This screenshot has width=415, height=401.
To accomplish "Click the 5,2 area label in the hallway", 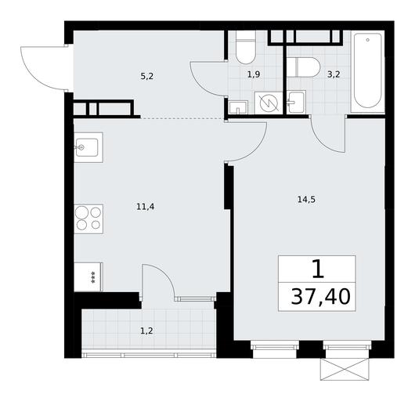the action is point(147,77).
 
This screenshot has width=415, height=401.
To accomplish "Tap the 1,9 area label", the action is point(254,74).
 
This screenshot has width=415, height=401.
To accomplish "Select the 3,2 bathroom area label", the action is point(334,74).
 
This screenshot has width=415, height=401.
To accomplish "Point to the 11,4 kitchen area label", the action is point(146,207).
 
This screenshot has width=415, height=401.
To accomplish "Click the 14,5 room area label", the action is point(306,200).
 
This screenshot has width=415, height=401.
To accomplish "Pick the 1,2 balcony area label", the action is point(147,331).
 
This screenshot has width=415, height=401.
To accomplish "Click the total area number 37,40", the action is point(320,297).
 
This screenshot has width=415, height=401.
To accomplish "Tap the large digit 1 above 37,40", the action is point(318,269).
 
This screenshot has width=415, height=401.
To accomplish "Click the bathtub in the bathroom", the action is point(368,70).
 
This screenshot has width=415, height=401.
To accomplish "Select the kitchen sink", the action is point(88,147).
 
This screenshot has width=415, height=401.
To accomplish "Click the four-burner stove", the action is point(88,219).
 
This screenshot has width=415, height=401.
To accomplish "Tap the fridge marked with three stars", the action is point(88,277).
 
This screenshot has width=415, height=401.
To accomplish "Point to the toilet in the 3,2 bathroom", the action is point(304,67).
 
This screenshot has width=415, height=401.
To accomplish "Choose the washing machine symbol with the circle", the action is point(269,103).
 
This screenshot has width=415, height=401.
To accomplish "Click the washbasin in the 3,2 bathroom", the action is point(297,102).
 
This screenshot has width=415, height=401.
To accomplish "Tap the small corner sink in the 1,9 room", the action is point(239,107).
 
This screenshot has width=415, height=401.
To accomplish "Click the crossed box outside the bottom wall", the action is point(345,370).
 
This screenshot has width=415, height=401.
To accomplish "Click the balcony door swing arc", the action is point(164,274).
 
